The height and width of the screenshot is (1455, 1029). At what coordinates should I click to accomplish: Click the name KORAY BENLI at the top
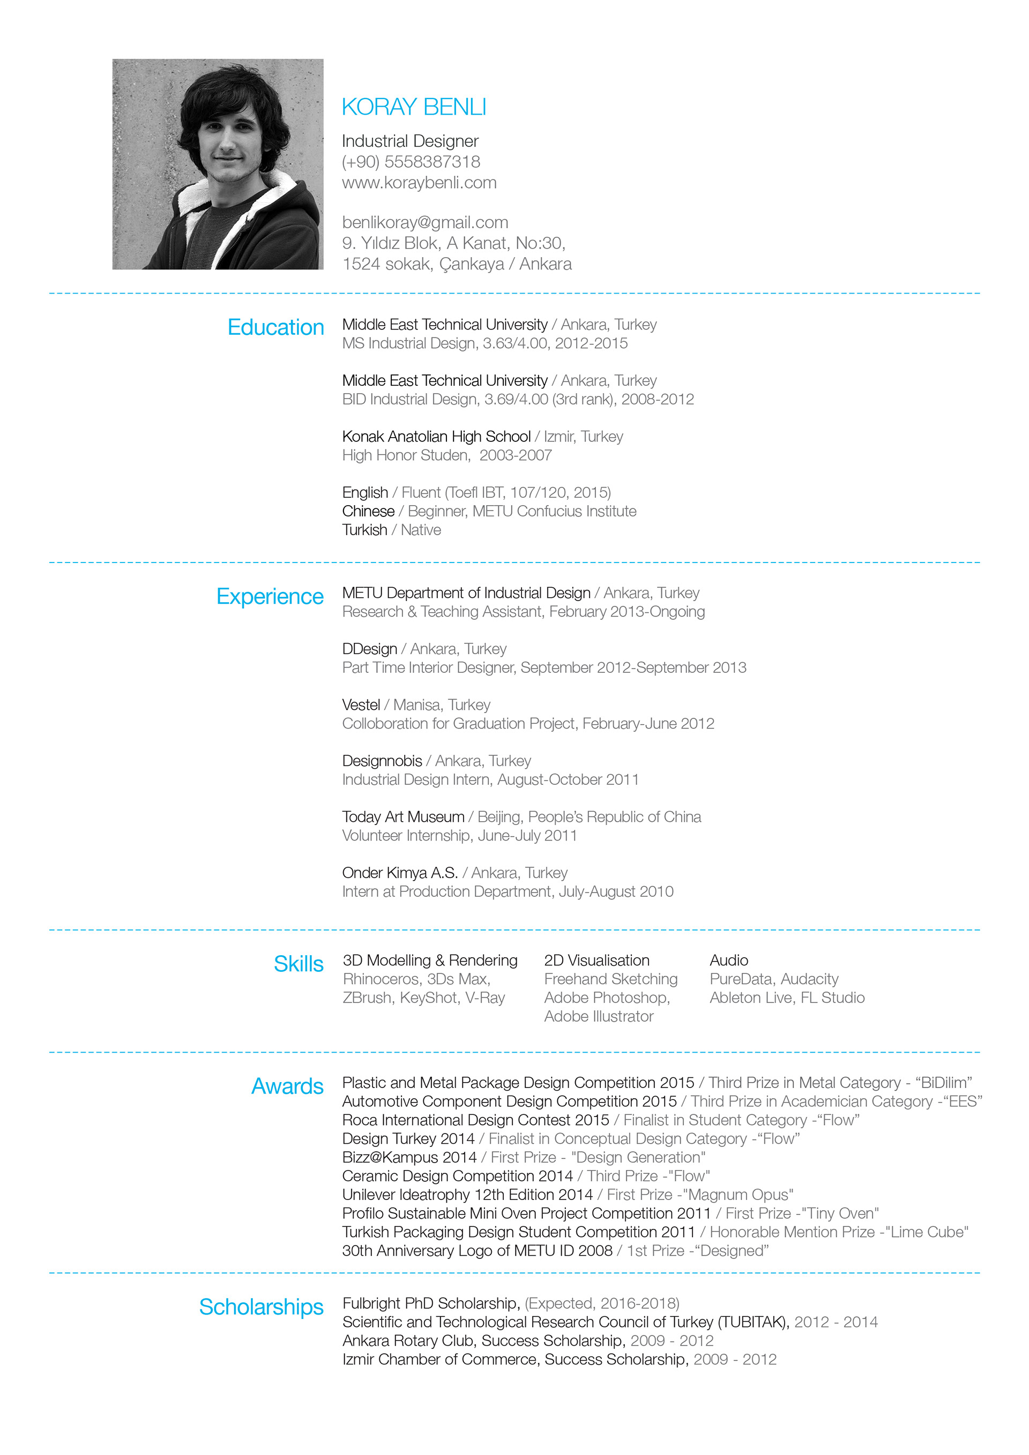point(413,107)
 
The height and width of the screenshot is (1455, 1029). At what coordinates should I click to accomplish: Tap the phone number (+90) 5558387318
point(411,162)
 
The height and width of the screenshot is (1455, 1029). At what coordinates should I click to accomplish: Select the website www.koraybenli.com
point(419,183)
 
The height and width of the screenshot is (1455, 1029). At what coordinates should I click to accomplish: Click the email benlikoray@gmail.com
point(425,222)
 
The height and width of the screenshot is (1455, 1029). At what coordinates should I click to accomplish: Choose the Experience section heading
point(270,596)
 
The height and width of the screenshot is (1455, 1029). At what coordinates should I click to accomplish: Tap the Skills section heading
point(298,964)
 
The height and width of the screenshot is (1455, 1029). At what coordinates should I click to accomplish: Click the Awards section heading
point(287,1086)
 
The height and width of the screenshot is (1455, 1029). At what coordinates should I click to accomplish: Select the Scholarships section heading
point(260,1307)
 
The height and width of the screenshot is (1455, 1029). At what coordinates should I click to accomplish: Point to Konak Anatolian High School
point(436,437)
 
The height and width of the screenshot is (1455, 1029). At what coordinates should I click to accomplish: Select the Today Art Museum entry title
point(403,817)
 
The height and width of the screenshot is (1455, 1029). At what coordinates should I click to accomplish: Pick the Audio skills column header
point(728,960)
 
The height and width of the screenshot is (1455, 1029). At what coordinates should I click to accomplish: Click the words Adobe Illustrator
point(599,1016)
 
